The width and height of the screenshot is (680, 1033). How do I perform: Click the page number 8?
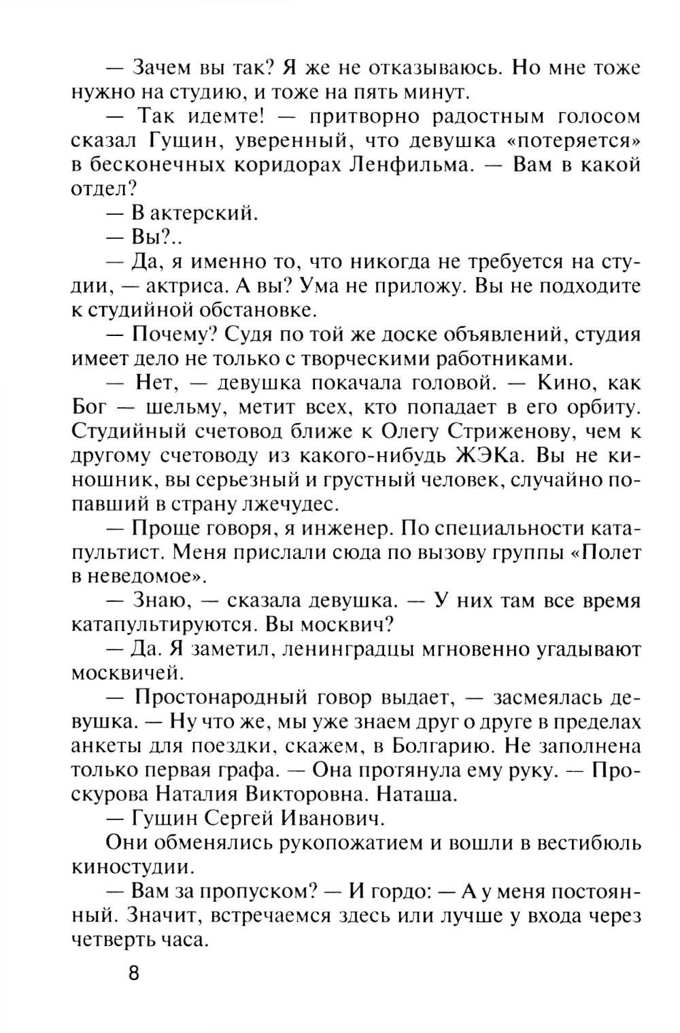pyautogui.click(x=133, y=973)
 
